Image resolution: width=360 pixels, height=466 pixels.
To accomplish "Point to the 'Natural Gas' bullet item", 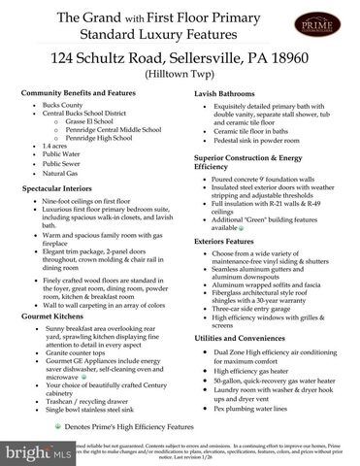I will [64, 175].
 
